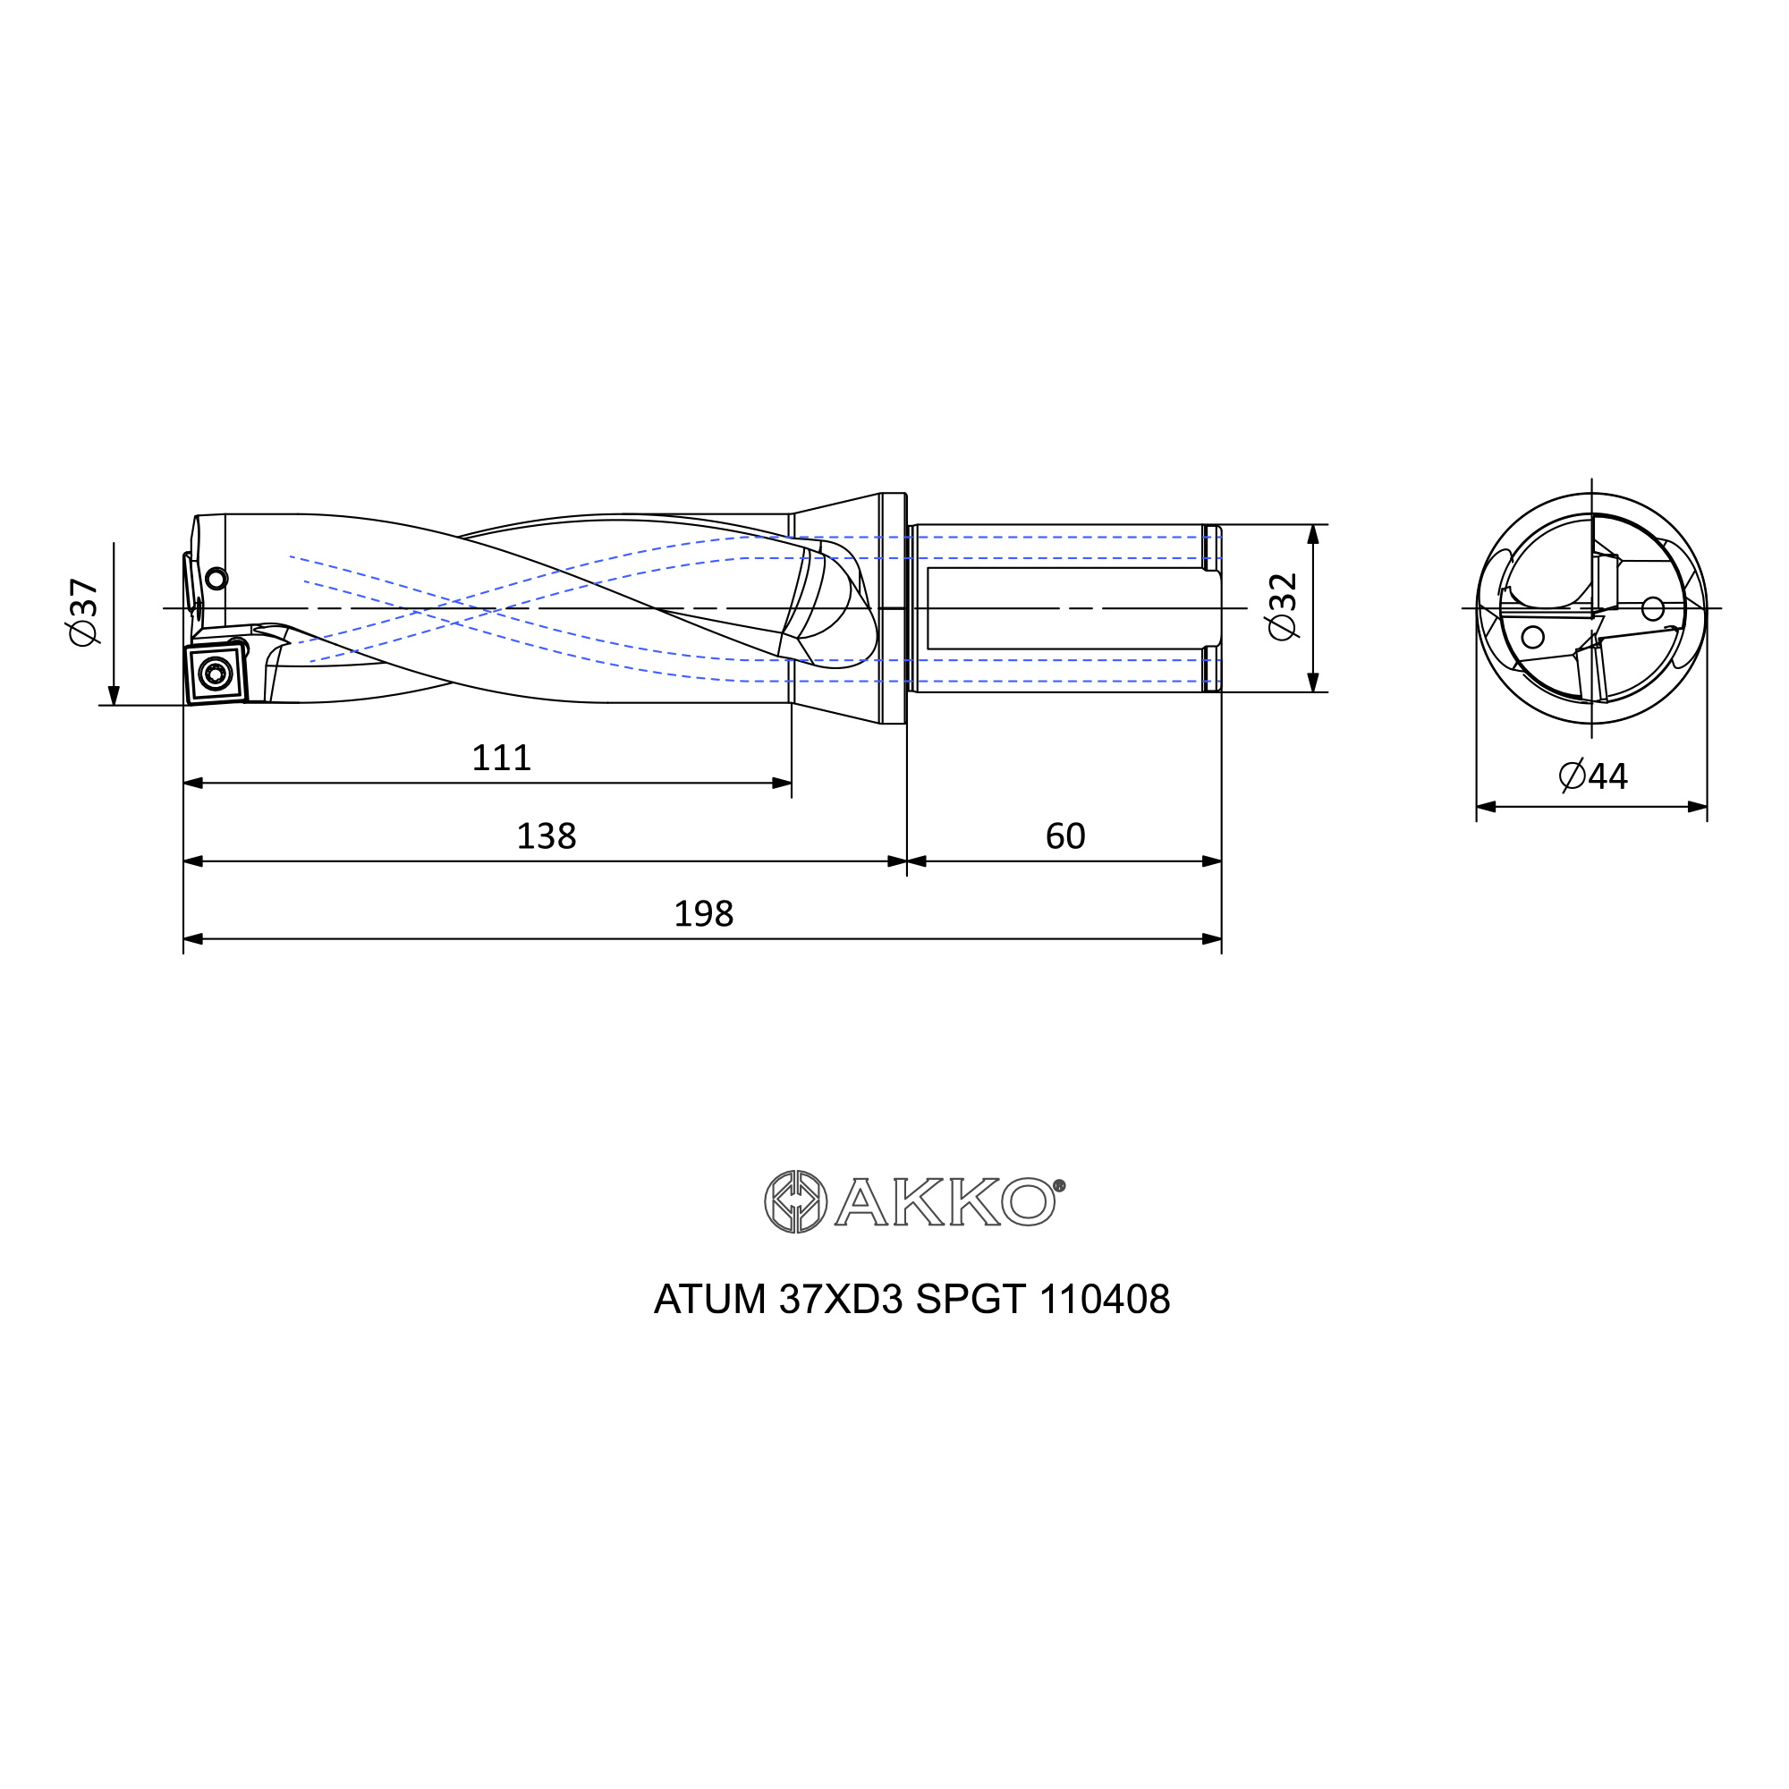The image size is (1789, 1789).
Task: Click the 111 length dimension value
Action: (x=501, y=759)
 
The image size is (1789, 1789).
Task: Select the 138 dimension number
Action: (x=547, y=836)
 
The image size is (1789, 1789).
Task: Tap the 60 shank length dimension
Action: (x=1064, y=836)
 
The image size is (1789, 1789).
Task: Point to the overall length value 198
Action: (x=704, y=914)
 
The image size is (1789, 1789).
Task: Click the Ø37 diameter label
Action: (x=84, y=612)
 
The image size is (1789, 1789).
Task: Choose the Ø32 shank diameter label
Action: (x=1283, y=606)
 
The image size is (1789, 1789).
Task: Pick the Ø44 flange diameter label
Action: (x=1593, y=776)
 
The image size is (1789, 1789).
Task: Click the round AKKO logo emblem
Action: (x=795, y=1202)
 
